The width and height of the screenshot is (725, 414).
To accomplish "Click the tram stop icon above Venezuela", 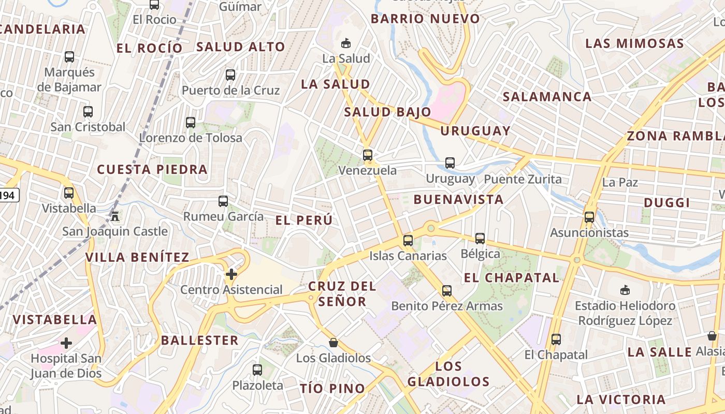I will point(368,155).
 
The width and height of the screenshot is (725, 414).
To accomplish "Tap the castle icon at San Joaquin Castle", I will point(115,216).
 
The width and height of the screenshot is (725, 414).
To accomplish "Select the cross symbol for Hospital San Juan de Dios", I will point(66,343).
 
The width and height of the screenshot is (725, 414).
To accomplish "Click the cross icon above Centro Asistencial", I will point(231,274).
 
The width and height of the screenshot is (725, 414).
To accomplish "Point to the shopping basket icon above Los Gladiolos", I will point(334,343).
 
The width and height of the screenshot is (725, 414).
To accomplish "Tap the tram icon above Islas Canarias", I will point(408,240).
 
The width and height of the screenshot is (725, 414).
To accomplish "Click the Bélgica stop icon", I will point(480,239).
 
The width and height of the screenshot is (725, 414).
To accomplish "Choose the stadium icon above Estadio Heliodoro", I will point(625,290).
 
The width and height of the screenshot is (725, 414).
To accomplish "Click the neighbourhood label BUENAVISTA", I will point(458,200).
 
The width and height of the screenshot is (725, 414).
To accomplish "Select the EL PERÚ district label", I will point(304,220).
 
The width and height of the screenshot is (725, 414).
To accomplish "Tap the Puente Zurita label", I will point(523,180).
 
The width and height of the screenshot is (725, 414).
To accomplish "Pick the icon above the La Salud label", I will point(346,43).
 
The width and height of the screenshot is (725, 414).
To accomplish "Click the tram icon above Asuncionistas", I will point(589,217).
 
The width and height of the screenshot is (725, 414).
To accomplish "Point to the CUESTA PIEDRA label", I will point(152,169).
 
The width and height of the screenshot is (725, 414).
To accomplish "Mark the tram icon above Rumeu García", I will point(223,201).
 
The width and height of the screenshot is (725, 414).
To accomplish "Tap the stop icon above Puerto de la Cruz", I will point(230,75).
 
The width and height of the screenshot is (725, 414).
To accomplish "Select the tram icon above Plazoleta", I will point(257,370).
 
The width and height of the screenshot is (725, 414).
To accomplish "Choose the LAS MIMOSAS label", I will point(634,43).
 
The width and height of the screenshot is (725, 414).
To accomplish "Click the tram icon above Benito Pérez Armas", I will point(447,291).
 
